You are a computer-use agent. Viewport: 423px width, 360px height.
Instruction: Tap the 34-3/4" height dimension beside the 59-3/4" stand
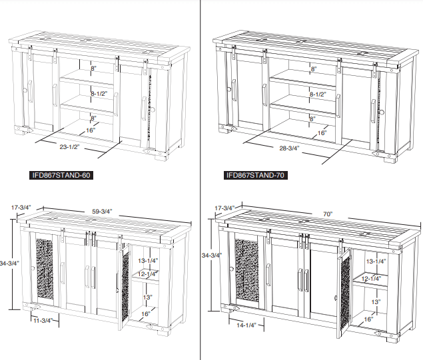(10, 263)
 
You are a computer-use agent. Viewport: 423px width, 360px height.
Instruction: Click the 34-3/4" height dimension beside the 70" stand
(212, 255)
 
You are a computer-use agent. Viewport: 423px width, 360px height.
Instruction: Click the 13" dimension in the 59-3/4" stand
(147, 297)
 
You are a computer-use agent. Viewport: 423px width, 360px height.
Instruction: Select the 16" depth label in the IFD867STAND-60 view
(90, 130)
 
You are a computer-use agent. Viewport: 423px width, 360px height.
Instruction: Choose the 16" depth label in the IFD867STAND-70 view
(321, 133)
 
